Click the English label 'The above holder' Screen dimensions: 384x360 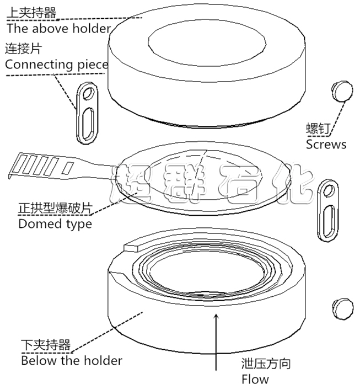point(58,28)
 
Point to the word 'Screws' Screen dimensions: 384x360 point(326,145)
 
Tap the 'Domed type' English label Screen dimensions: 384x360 point(55,223)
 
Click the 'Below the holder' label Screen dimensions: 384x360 point(71,361)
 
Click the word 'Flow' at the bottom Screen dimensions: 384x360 point(255,378)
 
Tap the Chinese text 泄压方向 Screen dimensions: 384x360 point(266,364)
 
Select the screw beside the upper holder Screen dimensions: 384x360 point(342,90)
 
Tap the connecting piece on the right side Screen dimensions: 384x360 point(327,210)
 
